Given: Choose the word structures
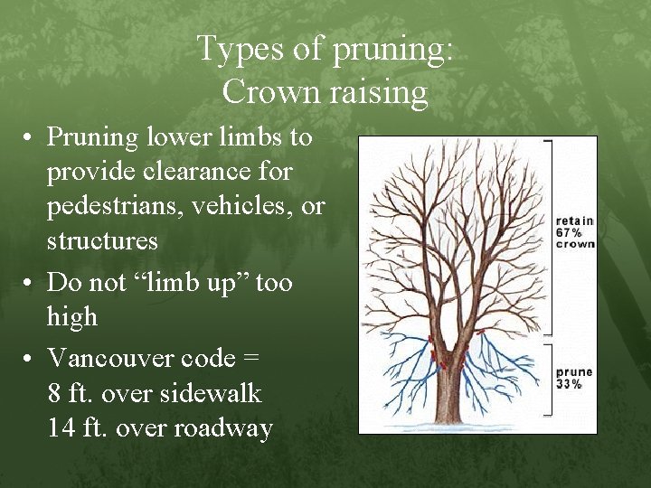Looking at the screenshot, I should tap(103, 241).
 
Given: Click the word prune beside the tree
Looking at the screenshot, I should tap(574, 371).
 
